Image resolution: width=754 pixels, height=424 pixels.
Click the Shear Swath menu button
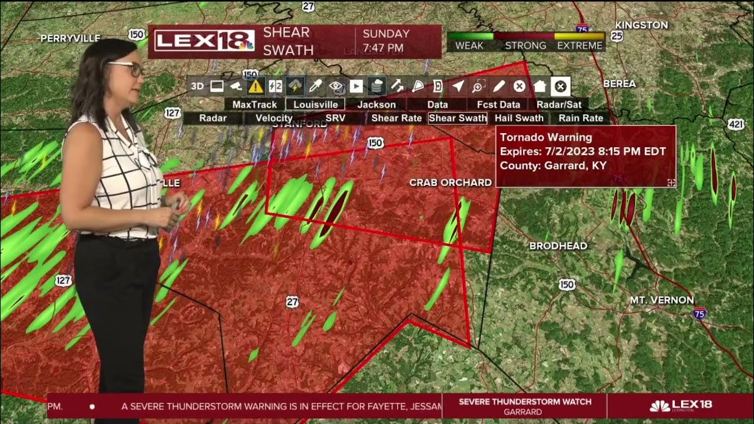[x=458, y=118]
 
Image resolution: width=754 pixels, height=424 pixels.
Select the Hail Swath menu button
[x=519, y=118]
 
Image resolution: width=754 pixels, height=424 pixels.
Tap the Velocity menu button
[x=274, y=118]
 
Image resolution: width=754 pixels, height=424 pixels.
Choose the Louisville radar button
[x=316, y=104]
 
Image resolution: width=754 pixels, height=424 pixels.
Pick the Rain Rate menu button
[x=581, y=118]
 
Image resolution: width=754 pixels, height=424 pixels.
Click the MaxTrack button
[x=254, y=104]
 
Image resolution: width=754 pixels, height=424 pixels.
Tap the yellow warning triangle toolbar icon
[x=256, y=87]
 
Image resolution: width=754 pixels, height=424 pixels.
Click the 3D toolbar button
[x=197, y=87]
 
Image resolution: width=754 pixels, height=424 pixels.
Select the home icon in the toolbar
[x=540, y=87]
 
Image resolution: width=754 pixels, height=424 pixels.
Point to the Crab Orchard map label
[x=451, y=183]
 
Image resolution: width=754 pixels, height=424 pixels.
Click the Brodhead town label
[x=558, y=246]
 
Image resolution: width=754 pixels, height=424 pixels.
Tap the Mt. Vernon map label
[x=662, y=300]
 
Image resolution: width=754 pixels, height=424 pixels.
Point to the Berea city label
[x=619, y=84]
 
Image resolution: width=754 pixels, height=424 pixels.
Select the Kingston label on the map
[x=641, y=25]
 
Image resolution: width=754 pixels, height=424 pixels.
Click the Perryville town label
[x=71, y=38]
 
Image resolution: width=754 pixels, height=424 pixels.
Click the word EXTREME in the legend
[x=580, y=45]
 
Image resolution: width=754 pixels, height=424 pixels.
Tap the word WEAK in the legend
[x=469, y=45]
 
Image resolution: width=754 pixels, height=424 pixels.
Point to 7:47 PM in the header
[x=383, y=48]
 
